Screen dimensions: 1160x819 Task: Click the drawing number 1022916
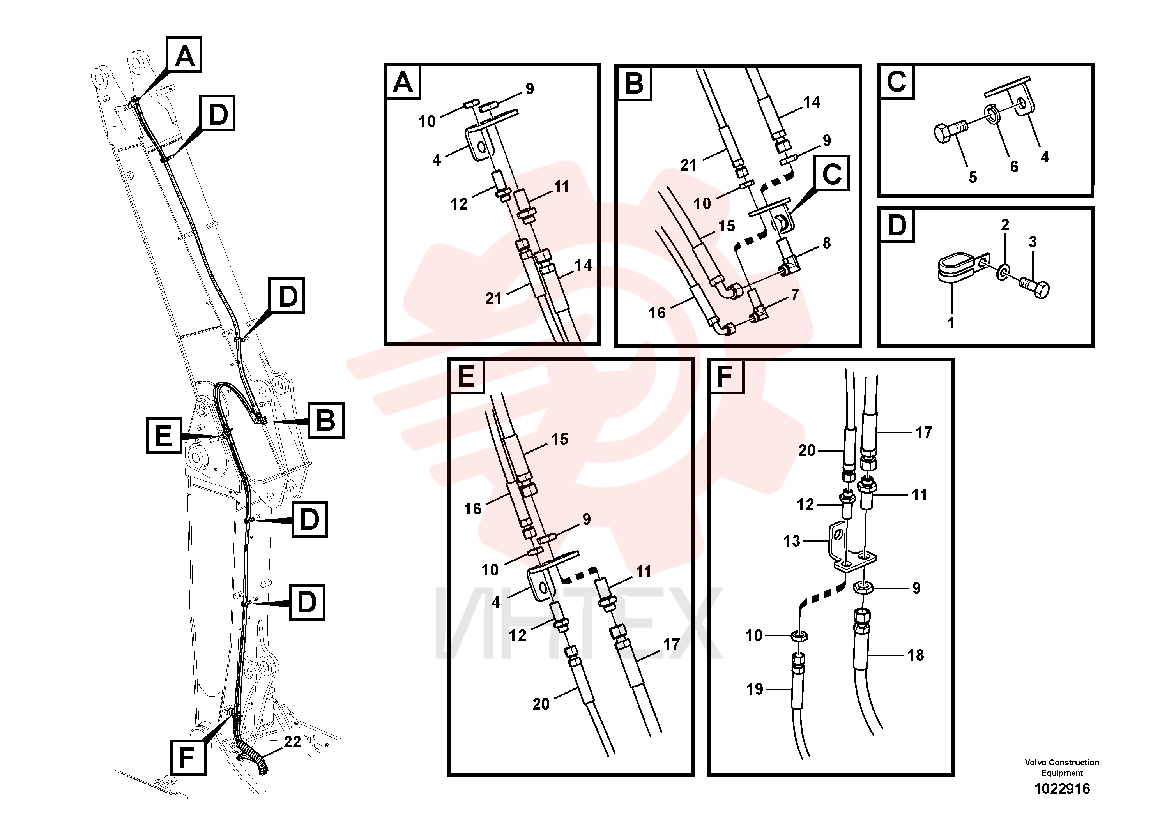pyautogui.click(x=1062, y=788)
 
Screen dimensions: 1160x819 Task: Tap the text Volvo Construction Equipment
pyautogui.click(x=1062, y=768)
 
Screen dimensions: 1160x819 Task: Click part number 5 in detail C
pyautogui.click(x=973, y=177)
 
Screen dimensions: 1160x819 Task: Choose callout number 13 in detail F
pyautogui.click(x=792, y=541)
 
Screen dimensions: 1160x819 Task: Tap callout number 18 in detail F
pyautogui.click(x=916, y=655)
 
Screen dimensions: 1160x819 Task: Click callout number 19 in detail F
pyautogui.click(x=755, y=689)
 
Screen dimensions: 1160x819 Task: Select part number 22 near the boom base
pyautogui.click(x=292, y=741)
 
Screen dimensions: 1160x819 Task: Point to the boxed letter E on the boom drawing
pyautogui.click(x=164, y=435)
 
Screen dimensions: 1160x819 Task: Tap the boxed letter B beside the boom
pyautogui.click(x=326, y=420)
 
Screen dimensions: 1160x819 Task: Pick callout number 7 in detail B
pyautogui.click(x=795, y=295)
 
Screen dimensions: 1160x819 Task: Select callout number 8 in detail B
pyautogui.click(x=827, y=243)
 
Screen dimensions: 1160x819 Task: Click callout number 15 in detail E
pyautogui.click(x=560, y=439)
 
